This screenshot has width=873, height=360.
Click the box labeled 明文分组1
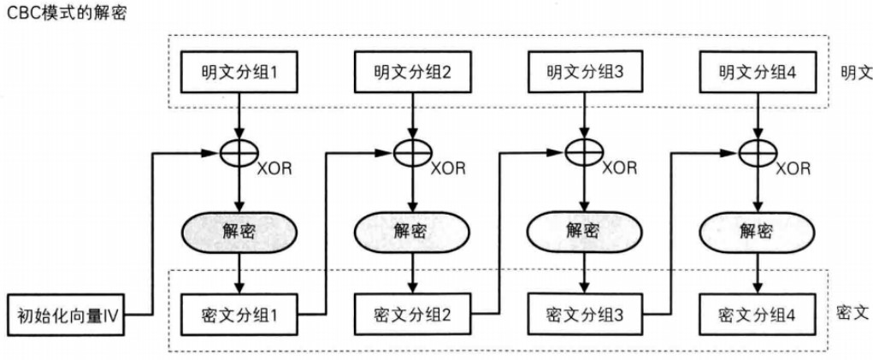(x=239, y=72)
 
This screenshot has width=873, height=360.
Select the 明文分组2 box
(x=412, y=72)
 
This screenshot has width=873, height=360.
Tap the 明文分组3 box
(x=583, y=72)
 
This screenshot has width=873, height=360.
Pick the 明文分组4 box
(x=757, y=72)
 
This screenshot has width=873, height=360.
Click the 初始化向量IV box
(x=66, y=316)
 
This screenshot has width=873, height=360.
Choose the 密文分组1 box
(x=239, y=315)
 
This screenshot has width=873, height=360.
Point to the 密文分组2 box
(x=411, y=315)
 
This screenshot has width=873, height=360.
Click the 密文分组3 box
(x=583, y=315)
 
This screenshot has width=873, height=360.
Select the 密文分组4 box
(x=757, y=315)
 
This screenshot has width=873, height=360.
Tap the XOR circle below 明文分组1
(x=239, y=151)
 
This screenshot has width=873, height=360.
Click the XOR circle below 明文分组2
(x=413, y=151)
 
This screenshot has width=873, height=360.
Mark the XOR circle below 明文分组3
(x=584, y=151)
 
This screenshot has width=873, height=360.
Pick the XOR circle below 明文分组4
(x=758, y=151)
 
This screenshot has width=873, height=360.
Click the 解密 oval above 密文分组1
(x=239, y=230)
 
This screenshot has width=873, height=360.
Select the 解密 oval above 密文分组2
(x=411, y=230)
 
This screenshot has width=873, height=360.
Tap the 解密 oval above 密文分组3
(x=583, y=230)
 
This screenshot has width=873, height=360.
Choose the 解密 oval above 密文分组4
(x=757, y=230)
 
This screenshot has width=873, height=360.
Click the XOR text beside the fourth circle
(x=793, y=168)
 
